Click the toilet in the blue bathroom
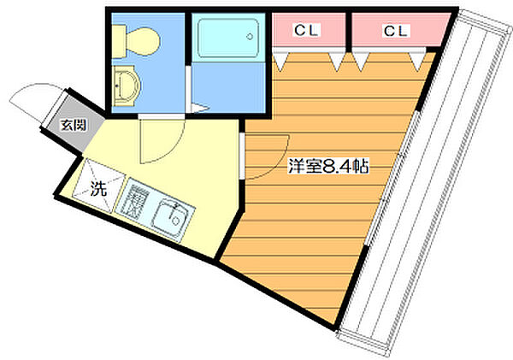click(x=137, y=42)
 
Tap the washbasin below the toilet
click(x=126, y=86)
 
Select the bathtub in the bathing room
click(x=228, y=38)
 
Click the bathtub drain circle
click(x=250, y=36)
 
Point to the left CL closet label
click(x=306, y=31)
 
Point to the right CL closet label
click(x=395, y=31)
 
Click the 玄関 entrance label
click(x=74, y=125)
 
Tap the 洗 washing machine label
click(x=98, y=188)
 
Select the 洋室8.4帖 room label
click(x=328, y=166)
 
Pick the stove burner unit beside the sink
click(x=134, y=199)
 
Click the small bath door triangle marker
click(x=200, y=109)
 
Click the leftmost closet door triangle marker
click(x=280, y=62)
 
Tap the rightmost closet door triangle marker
click(x=417, y=62)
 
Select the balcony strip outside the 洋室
click(x=424, y=183)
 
